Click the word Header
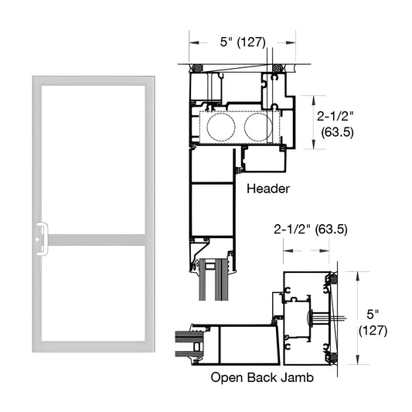click(267, 188)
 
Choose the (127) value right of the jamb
click(374, 330)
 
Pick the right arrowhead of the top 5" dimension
click(295, 43)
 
